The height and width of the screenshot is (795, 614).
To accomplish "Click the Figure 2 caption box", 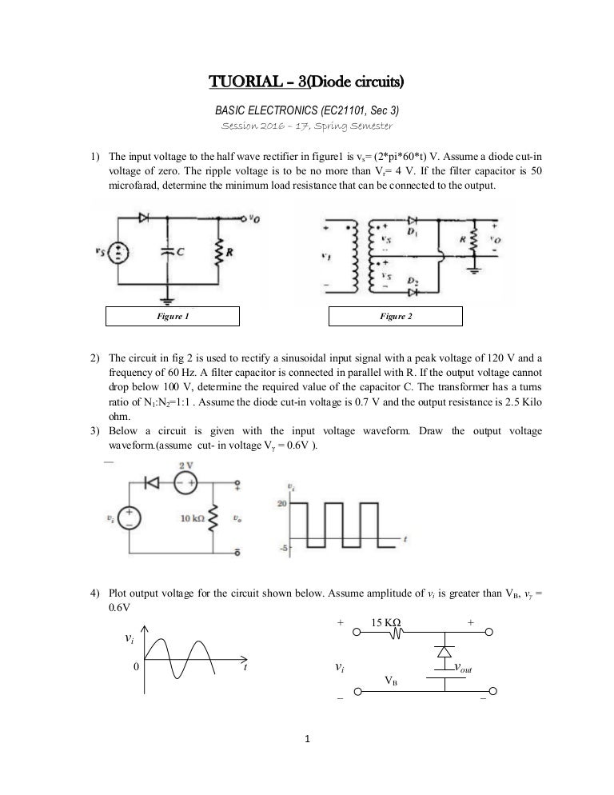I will click(396, 317).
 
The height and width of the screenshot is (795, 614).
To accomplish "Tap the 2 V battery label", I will click(185, 465).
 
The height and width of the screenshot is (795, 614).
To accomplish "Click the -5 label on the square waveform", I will click(281, 548).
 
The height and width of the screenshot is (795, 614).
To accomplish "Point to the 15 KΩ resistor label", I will click(386, 622).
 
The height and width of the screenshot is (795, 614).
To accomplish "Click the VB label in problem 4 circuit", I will click(392, 681).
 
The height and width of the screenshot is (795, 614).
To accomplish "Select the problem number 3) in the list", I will click(94, 431).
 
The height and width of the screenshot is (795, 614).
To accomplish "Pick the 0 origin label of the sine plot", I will click(136, 665).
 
